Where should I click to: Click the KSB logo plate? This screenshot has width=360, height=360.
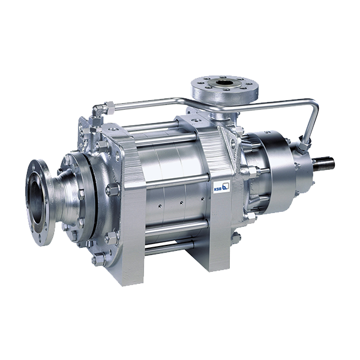(221, 185)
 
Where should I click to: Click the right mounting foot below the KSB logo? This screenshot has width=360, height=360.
(220, 230)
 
